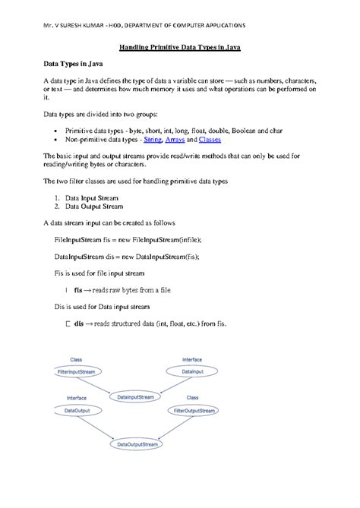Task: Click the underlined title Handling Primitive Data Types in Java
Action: pos(180,48)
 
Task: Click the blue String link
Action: pos(153,140)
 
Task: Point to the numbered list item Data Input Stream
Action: pos(91,197)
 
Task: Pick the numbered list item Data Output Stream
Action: pos(93,206)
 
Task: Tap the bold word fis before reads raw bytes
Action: pos(78,289)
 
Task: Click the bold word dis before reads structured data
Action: pos(79,323)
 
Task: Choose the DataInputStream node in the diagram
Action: pos(136,396)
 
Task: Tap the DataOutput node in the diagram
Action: pos(74,410)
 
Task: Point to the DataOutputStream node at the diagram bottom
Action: pos(137,443)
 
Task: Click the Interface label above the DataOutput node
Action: pos(76,397)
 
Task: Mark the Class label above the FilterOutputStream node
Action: pos(193,397)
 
